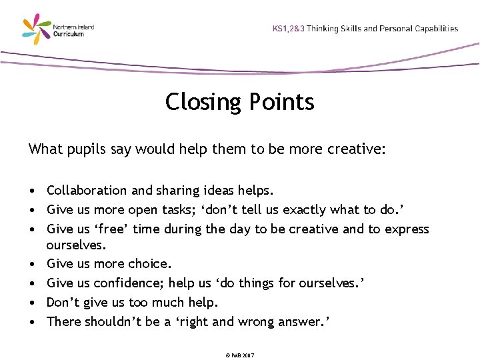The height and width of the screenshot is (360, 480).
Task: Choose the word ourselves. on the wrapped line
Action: (x=77, y=245)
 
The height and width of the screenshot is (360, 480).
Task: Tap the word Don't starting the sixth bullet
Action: (x=63, y=302)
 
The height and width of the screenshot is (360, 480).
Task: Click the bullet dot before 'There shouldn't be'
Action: (x=33, y=322)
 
